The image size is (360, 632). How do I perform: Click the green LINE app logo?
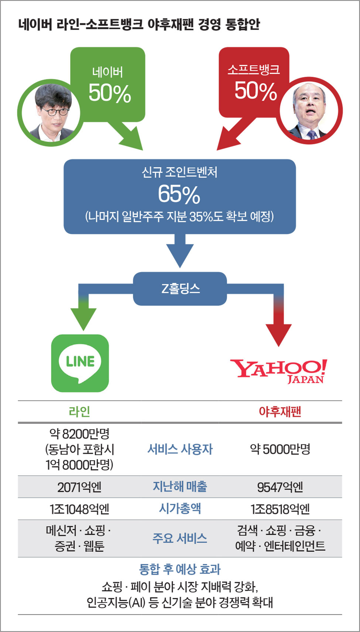tap(80, 363)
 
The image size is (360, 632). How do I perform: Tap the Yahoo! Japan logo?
tap(279, 371)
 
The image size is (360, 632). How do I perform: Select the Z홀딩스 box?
tap(180, 289)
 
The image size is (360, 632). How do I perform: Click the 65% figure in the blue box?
tap(179, 194)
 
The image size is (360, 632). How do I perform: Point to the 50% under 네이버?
tap(110, 93)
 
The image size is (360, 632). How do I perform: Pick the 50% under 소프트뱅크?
tap(256, 91)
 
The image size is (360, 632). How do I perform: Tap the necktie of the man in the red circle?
tap(312, 134)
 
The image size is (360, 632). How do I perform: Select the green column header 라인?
tap(79, 412)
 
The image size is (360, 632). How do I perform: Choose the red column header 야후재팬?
tap(280, 412)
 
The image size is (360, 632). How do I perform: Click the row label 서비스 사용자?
tap(180, 449)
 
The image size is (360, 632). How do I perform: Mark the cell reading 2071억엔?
tap(79, 487)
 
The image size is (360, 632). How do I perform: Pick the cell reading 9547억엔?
tap(280, 487)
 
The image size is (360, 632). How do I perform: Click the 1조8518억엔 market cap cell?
tap(280, 509)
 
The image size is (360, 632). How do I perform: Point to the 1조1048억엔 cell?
tap(79, 509)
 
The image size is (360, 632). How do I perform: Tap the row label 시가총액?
tap(180, 508)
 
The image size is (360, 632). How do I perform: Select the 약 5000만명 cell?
tap(280, 449)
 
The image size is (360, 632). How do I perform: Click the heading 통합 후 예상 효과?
tap(180, 569)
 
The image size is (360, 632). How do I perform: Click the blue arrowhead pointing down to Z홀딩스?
tap(180, 256)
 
